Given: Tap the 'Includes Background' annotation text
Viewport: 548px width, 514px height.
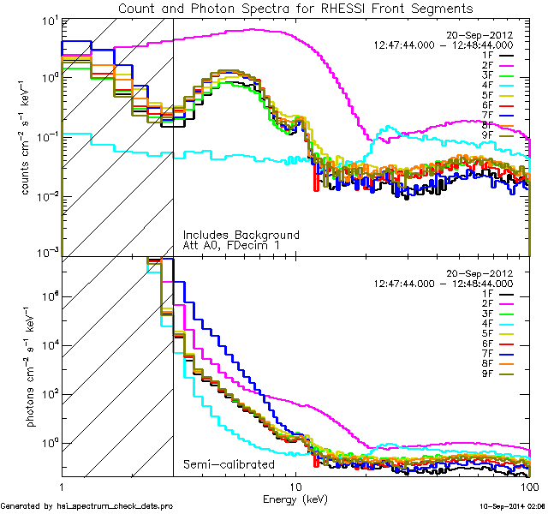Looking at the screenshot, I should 241,235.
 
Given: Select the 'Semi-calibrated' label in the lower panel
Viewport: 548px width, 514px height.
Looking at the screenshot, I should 229,465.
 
